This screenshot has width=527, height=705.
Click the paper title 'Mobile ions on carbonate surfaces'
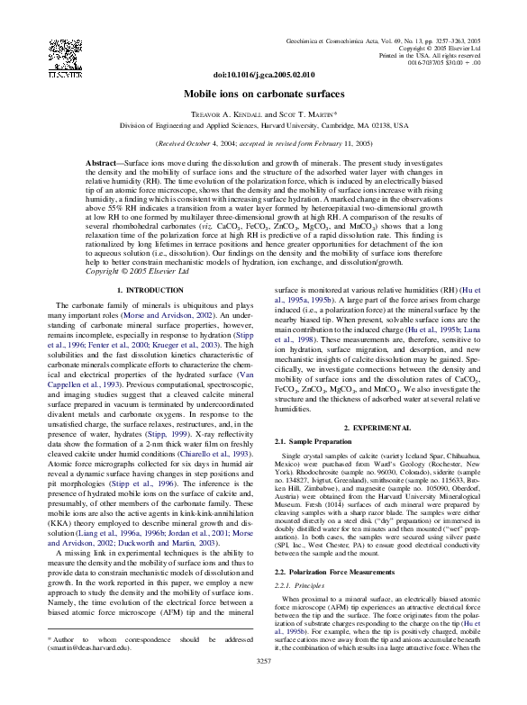tap(264, 93)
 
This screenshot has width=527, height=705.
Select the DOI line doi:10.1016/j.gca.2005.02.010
tap(264, 77)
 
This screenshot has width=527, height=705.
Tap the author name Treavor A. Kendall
tap(224, 115)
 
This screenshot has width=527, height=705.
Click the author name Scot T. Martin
tap(302, 115)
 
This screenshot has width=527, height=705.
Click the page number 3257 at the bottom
tap(264, 687)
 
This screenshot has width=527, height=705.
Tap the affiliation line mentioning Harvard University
tap(264, 126)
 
